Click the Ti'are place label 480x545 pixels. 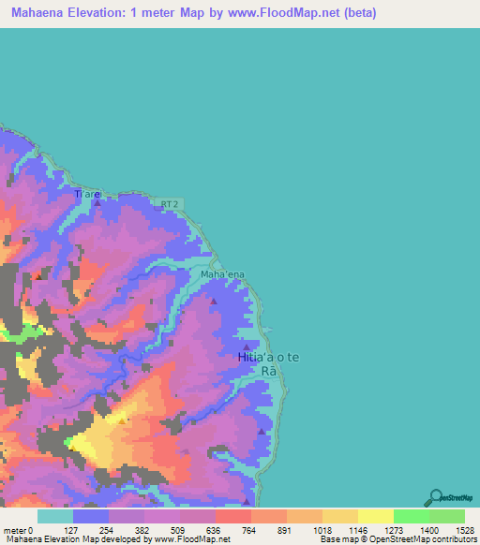point(86,194)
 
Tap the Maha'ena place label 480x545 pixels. point(222,274)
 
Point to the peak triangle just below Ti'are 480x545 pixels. point(94,199)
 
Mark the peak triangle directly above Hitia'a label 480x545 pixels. point(247,346)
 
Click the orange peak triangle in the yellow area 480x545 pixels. point(121,420)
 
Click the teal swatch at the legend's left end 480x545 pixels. point(54,516)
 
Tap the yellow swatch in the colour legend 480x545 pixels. point(375,516)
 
